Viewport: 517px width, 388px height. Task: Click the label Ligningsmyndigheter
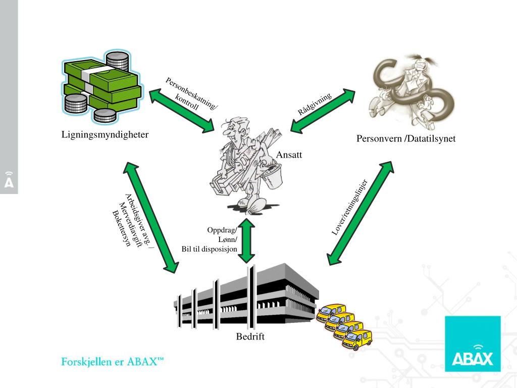click(x=105, y=135)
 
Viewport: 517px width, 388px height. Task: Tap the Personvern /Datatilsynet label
click(x=406, y=138)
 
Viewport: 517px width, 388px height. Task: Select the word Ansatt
click(x=289, y=155)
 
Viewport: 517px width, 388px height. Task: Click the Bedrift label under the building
click(x=250, y=336)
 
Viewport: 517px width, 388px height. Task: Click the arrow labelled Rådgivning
click(x=323, y=112)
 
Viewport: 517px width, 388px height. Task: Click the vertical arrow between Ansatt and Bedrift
click(x=247, y=240)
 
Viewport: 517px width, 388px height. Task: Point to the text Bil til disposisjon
click(x=210, y=249)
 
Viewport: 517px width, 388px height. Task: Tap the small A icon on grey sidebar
click(x=9, y=180)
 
